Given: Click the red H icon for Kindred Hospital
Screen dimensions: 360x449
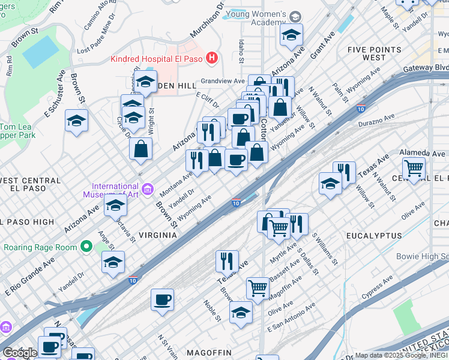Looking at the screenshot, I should click(211, 58).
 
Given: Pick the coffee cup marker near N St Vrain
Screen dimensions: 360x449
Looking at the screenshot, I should click(162, 299).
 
